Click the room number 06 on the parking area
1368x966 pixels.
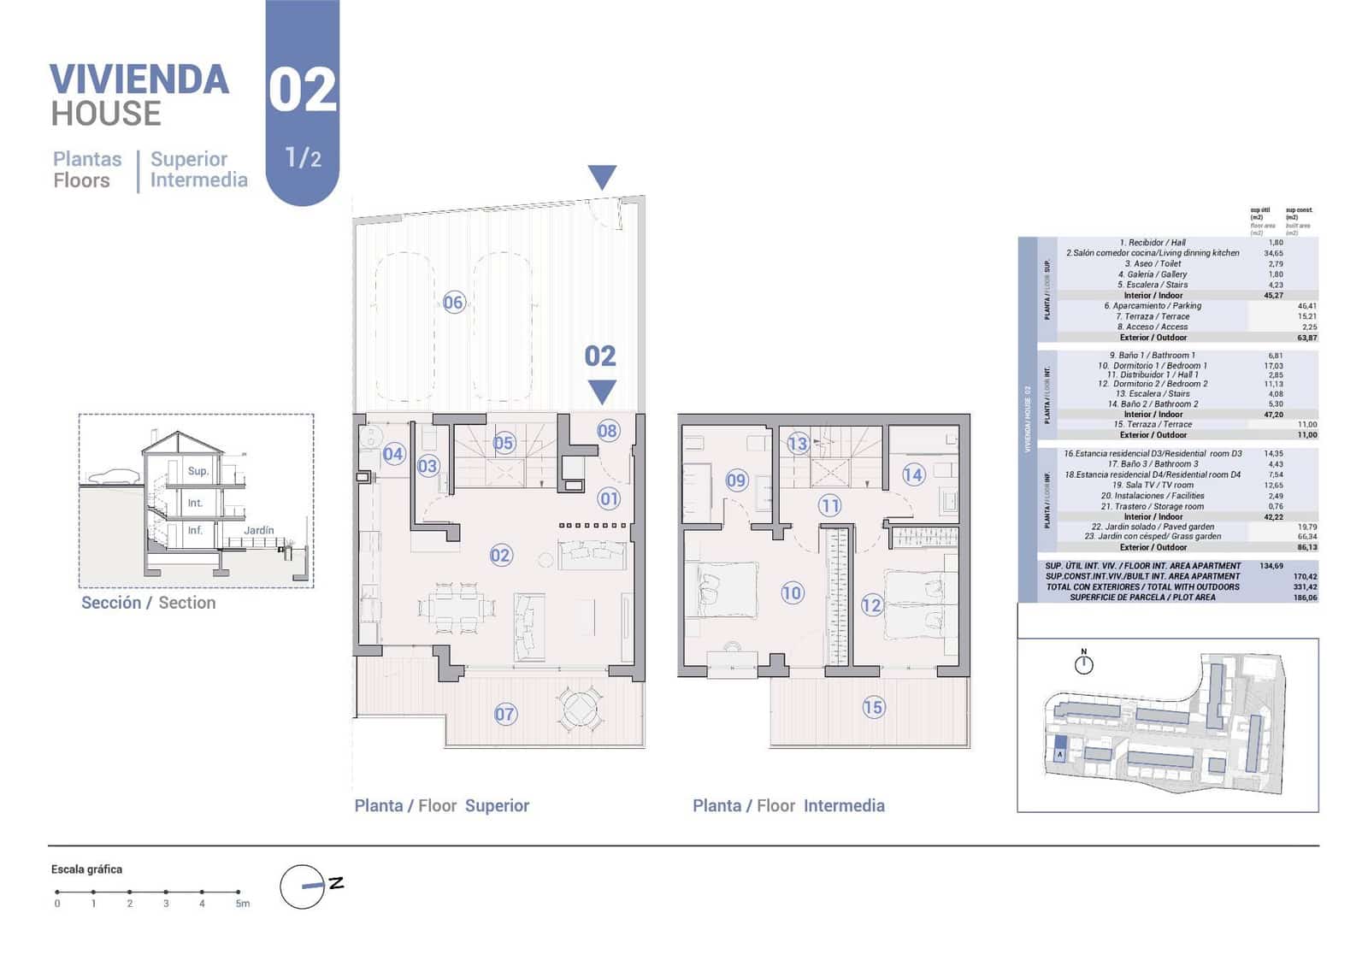pos(453,302)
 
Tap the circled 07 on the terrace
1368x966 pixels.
pos(505,714)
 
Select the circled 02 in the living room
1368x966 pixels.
pos(500,556)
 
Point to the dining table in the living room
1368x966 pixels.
pos(457,608)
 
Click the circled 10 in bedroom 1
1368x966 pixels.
pos(792,592)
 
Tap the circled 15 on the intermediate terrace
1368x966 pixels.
pos(873,707)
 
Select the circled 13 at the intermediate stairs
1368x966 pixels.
pos(797,443)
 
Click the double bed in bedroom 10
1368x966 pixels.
pos(722,589)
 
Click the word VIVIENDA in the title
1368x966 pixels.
pos(139,80)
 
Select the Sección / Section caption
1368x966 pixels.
pos(148,603)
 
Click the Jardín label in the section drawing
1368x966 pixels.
pos(258,530)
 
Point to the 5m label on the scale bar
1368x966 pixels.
pos(243,904)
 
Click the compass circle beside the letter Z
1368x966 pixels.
pos(302,886)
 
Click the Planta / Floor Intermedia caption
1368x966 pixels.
pos(788,805)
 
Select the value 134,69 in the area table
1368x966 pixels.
pos(1272,566)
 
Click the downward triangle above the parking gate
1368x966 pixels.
pos(602,177)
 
